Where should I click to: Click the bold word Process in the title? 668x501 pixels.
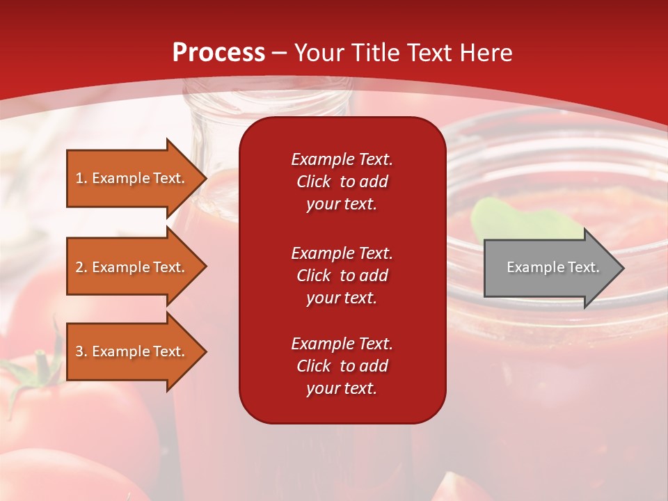click(x=218, y=53)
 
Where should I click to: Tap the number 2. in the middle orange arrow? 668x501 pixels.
click(x=81, y=267)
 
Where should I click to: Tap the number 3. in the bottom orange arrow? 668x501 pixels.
click(x=81, y=351)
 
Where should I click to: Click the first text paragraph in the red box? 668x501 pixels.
click(x=342, y=182)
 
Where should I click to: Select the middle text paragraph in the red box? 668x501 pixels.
click(x=342, y=276)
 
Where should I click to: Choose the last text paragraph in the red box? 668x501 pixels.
click(x=342, y=366)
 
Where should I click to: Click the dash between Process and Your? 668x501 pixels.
click(x=280, y=54)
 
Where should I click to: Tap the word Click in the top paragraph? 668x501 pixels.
click(x=314, y=182)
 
